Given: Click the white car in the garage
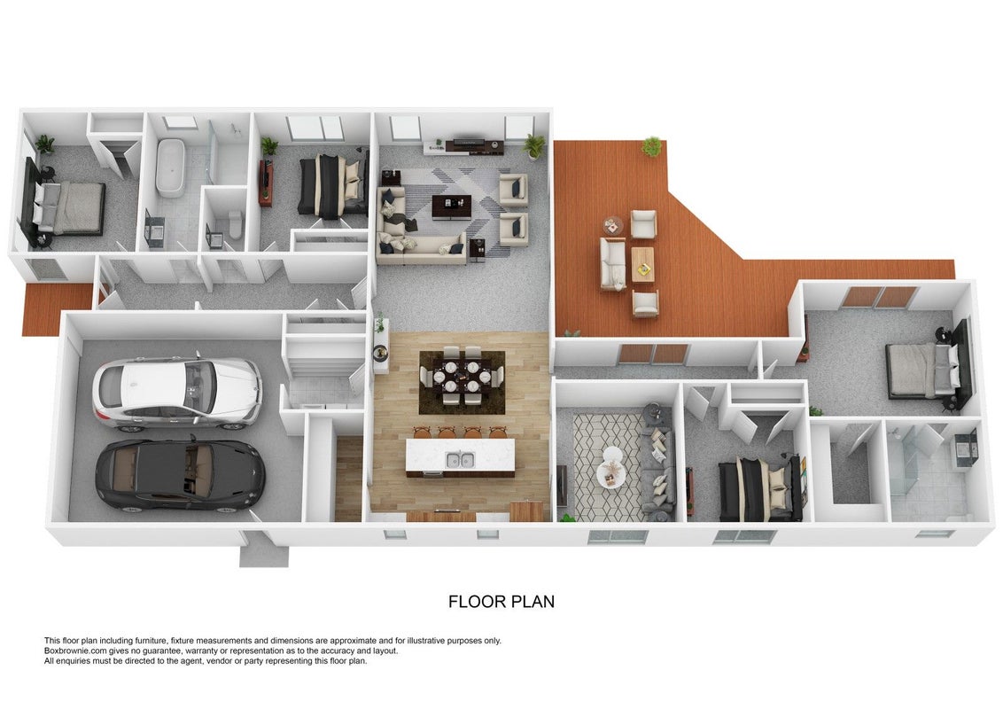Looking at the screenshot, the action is (x=177, y=391).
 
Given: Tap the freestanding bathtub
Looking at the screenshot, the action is (x=171, y=168).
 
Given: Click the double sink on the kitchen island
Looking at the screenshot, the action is (x=460, y=459).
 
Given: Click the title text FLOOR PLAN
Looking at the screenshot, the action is (x=501, y=602).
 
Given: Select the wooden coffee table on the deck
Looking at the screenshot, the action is (x=643, y=264).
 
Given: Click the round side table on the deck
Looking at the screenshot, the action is (x=613, y=226).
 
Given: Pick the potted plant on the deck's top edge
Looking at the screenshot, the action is (x=652, y=146).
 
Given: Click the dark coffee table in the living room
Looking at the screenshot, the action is (x=452, y=206).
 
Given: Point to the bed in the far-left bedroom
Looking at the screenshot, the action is (x=69, y=207).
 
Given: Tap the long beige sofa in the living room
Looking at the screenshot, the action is (x=420, y=250).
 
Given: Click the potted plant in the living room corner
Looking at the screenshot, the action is (x=533, y=146).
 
